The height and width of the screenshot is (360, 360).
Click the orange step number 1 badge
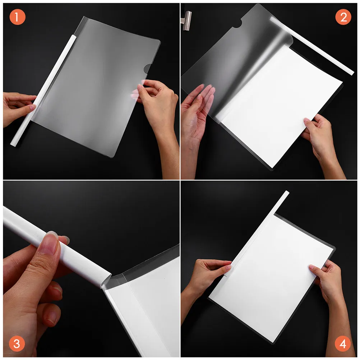tap(17, 17)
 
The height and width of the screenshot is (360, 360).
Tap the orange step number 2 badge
tap(343, 17)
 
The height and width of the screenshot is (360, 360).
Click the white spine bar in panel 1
tap(43, 90)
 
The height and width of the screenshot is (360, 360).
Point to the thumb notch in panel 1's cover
tap(148, 68)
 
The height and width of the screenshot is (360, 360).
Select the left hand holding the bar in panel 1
tap(18, 108)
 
